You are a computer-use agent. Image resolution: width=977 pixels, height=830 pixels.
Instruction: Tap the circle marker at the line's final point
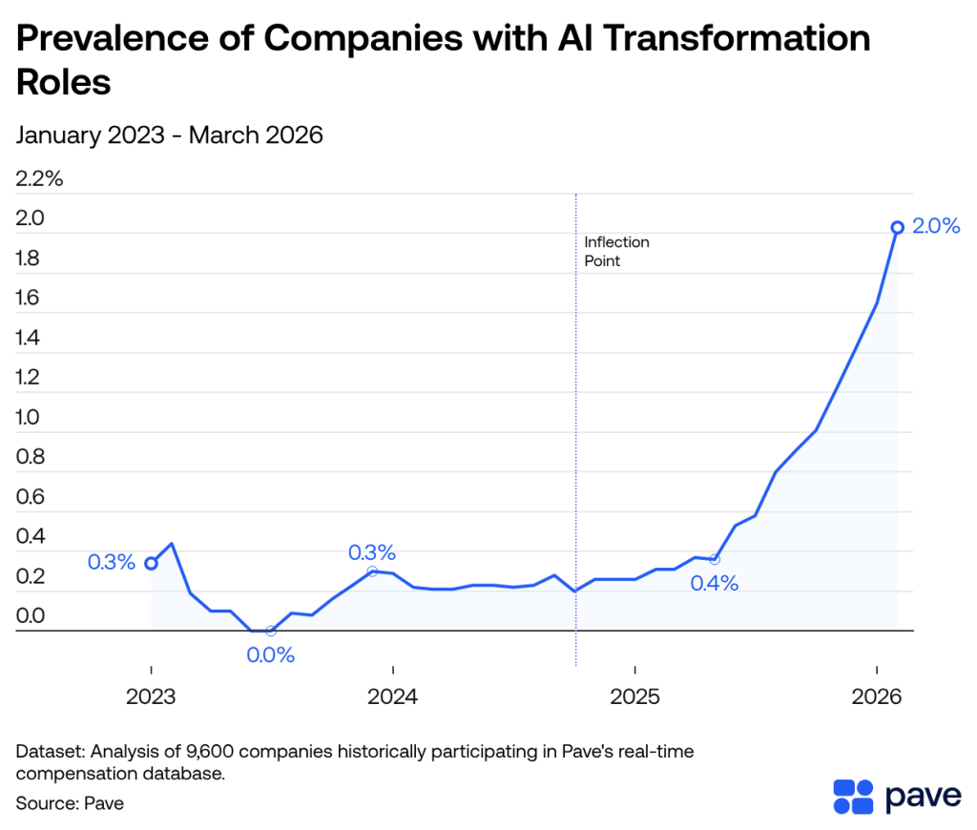898,227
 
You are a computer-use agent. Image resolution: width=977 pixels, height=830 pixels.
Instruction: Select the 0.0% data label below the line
271,655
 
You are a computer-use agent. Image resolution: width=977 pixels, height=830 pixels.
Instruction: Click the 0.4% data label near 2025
715,584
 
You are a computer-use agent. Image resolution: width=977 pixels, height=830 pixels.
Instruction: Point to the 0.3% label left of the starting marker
112,563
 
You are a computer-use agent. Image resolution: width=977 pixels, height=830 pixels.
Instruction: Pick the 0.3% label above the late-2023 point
372,552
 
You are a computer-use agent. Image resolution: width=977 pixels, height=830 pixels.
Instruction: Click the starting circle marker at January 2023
151,563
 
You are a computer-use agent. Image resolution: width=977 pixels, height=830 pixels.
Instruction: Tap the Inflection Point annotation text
616,251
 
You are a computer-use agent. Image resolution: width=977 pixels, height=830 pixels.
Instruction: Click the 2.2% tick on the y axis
39,178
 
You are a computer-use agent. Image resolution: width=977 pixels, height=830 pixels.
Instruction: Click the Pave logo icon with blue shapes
853,797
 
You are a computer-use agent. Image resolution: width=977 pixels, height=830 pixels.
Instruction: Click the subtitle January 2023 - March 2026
170,135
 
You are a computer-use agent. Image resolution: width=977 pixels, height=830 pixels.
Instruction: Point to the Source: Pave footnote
70,803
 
